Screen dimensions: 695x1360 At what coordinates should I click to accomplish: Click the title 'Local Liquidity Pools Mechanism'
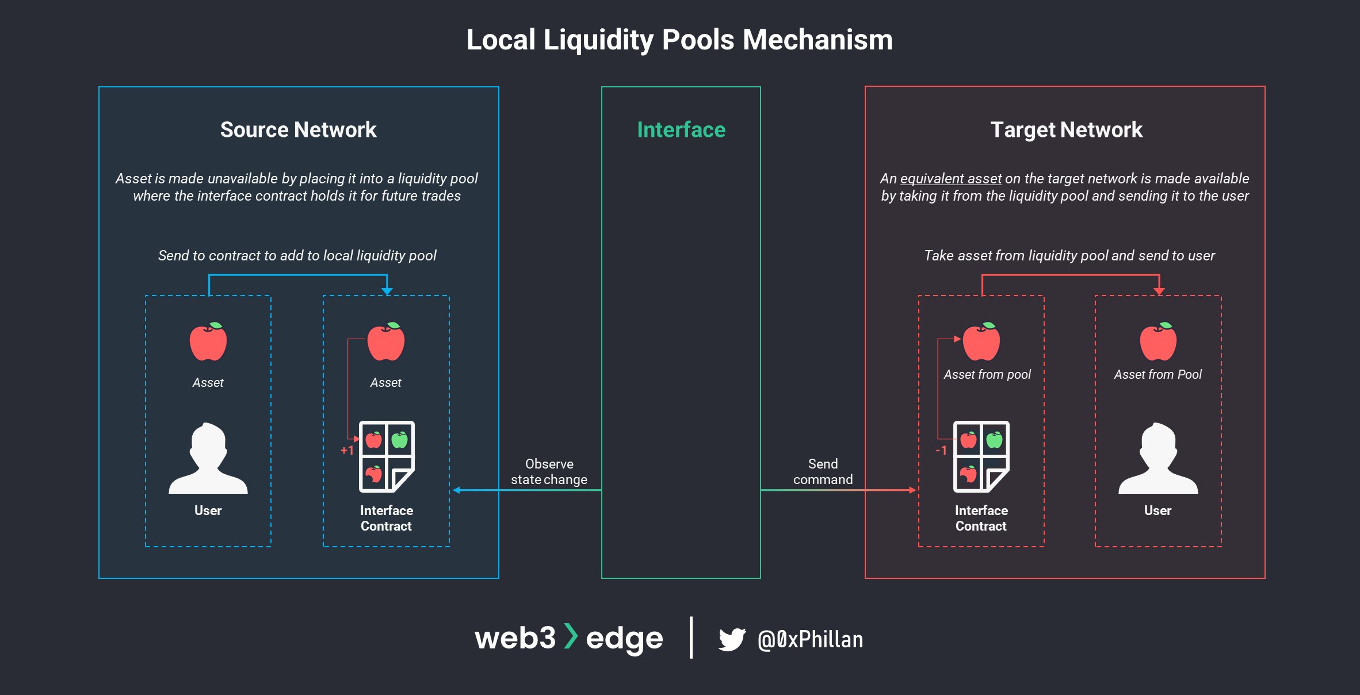679,40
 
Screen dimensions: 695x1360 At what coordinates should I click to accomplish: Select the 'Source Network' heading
298,130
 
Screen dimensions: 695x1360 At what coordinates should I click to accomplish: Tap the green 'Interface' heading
681,130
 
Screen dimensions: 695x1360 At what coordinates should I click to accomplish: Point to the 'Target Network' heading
1066,130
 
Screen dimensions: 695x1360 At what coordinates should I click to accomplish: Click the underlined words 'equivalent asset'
950,179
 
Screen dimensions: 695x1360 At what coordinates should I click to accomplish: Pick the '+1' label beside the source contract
346,451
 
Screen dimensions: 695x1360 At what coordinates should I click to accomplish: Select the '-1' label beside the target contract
941,451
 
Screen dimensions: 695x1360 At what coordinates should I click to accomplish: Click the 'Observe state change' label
549,471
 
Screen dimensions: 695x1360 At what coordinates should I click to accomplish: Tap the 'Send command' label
823,471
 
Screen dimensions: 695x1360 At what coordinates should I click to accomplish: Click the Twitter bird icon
732,639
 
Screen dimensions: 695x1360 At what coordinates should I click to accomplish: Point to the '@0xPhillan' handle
810,639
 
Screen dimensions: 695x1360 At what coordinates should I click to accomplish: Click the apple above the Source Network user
208,341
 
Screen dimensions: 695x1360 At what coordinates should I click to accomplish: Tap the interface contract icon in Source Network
387,456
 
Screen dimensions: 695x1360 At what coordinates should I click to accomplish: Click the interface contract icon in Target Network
981,456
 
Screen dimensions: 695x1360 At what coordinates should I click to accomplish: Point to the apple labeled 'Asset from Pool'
1158,341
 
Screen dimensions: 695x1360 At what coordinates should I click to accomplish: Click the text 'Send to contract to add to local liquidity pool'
297,256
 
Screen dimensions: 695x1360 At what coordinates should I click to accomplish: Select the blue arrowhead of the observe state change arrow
457,490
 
